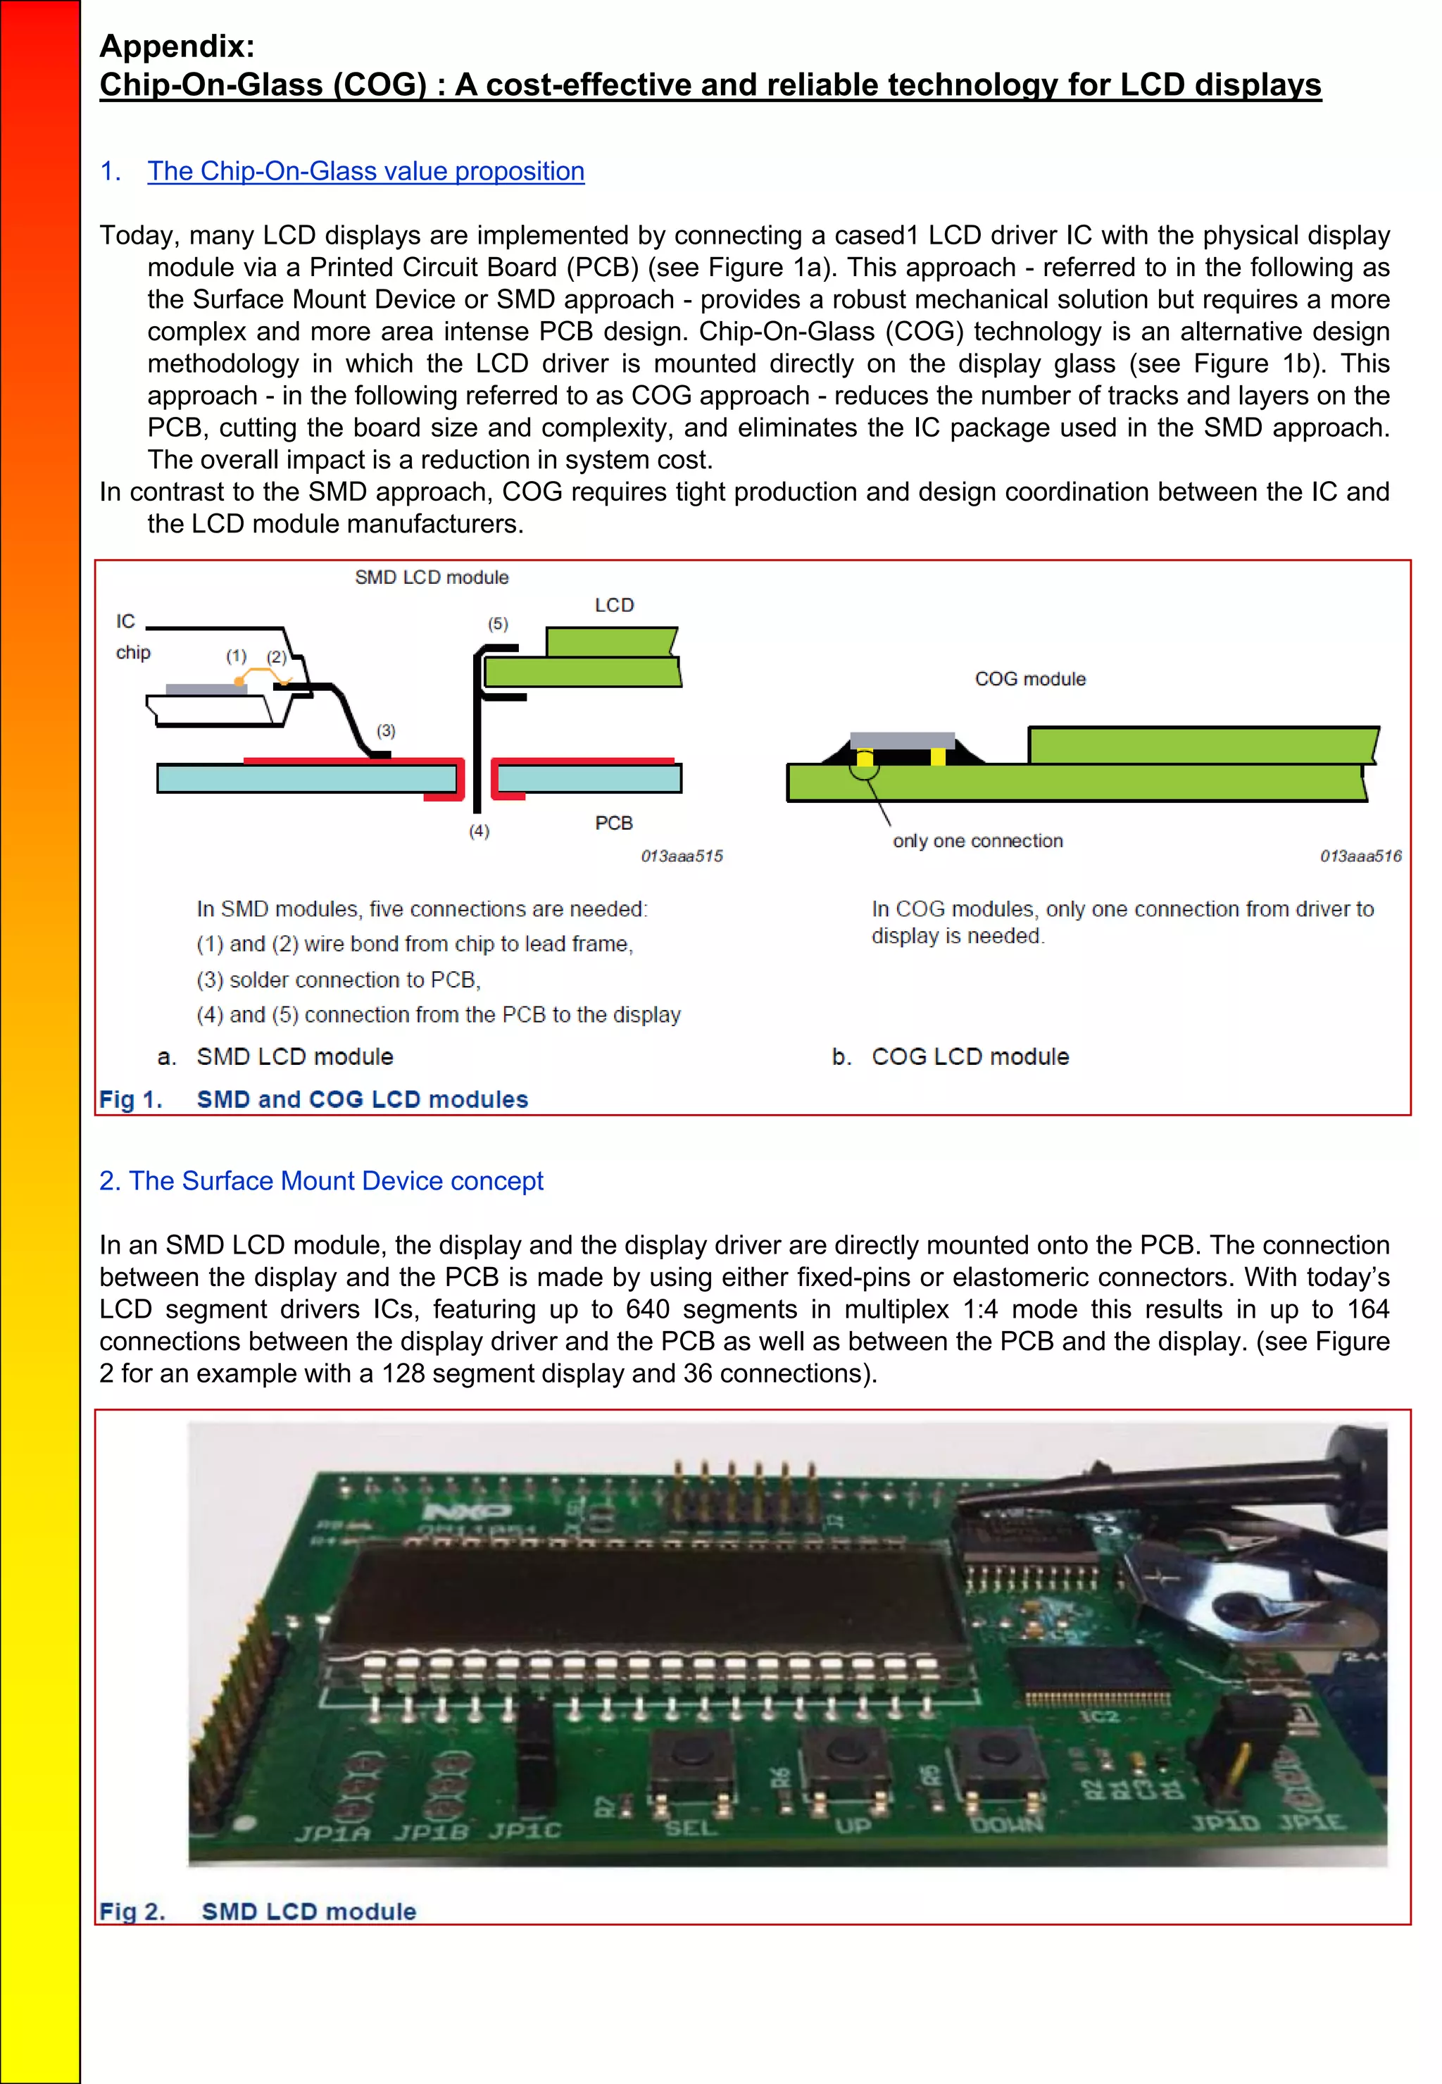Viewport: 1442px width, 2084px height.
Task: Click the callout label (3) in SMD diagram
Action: [x=386, y=730]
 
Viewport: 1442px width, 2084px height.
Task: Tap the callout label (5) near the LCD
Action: [x=498, y=623]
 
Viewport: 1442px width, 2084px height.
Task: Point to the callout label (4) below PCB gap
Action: [x=479, y=830]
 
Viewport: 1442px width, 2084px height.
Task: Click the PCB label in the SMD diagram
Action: [x=613, y=823]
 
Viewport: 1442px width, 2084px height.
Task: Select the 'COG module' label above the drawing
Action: [x=1030, y=679]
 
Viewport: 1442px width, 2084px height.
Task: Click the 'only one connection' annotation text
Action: [x=977, y=840]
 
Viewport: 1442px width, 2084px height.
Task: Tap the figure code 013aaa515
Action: [x=682, y=856]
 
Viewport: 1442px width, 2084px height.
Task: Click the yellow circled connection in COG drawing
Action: [x=865, y=765]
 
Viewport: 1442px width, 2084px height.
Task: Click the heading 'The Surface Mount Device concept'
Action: [x=321, y=1180]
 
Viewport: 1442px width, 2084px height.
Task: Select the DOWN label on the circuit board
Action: [x=1005, y=1823]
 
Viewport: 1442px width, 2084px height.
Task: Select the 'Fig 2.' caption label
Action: [x=132, y=1911]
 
